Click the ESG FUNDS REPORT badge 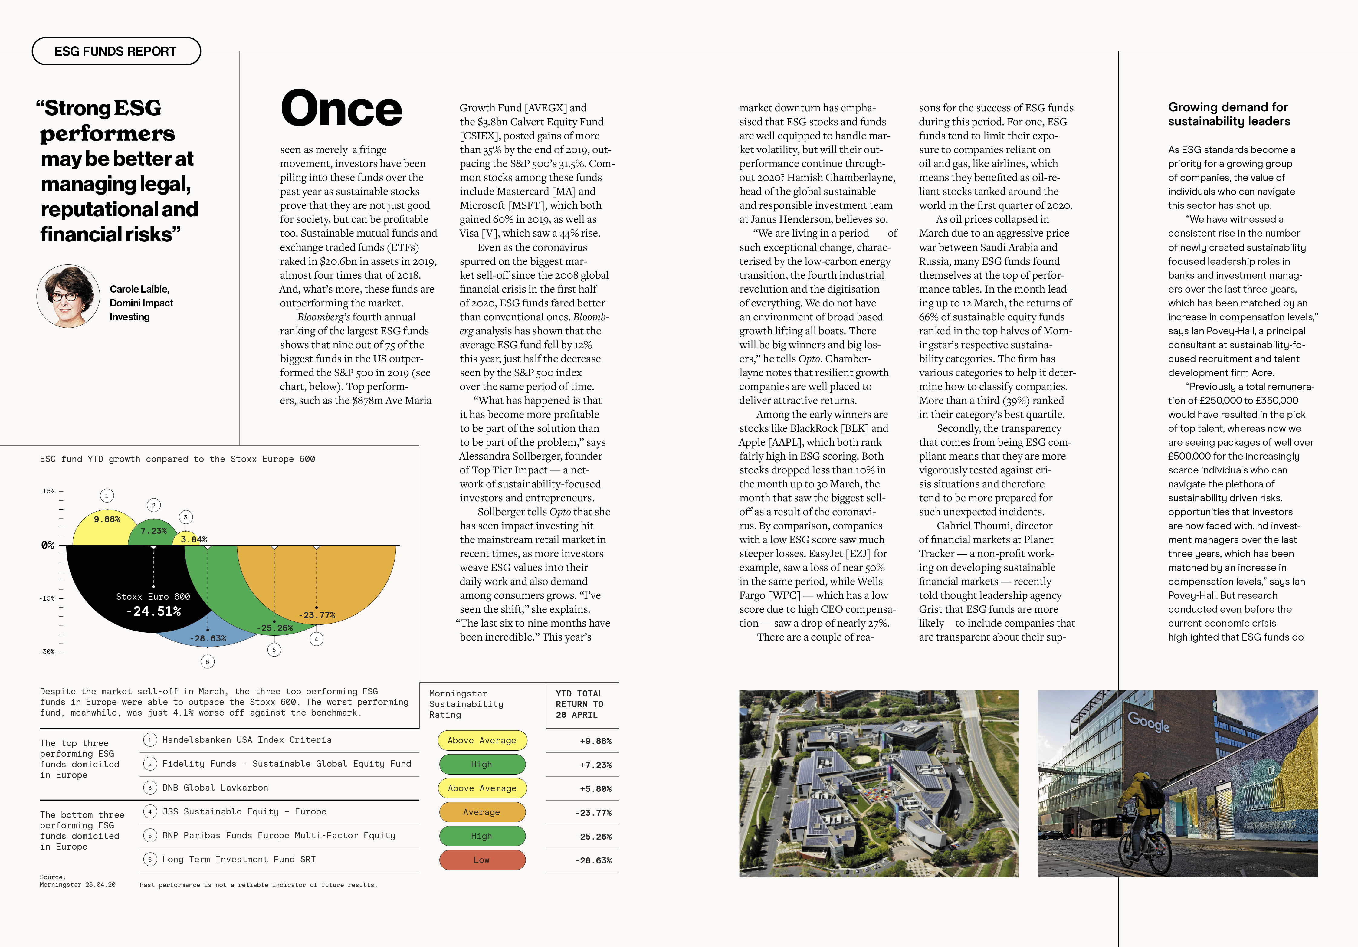point(116,51)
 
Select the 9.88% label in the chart point(107,519)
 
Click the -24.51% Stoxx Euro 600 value point(153,611)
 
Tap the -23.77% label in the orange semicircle point(317,615)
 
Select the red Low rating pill point(482,860)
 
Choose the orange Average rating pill point(482,812)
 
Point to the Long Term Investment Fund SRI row point(239,860)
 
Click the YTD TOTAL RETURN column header point(580,704)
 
